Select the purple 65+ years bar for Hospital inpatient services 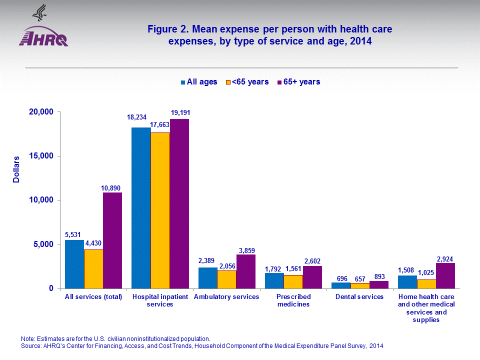pos(179,203)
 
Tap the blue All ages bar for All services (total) pos(74,264)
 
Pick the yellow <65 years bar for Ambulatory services pos(226,279)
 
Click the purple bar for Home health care pos(445,275)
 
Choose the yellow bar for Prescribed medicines pos(293,281)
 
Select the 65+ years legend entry pos(299,82)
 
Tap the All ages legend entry pos(198,82)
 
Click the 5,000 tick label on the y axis pos(41,244)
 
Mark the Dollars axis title pos(16,169)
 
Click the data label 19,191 pos(180,112)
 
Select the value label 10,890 pos(112,188)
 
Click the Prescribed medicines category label pos(293,300)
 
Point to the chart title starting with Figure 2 pos(269,35)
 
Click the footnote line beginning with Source pos(204,346)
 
